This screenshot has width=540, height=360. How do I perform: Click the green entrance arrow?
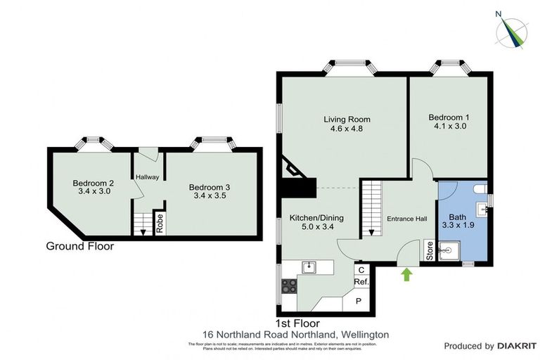[406, 274]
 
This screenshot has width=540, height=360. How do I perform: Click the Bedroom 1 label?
[449, 122]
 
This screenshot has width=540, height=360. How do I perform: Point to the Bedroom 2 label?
[93, 187]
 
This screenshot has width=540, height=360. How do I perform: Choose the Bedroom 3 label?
[209, 191]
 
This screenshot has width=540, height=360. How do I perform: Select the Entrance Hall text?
[407, 219]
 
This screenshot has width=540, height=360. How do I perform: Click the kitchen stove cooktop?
[289, 285]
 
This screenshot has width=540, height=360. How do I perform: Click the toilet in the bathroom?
[480, 188]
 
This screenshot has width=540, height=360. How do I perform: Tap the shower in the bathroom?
[449, 250]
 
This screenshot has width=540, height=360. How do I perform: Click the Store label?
[430, 250]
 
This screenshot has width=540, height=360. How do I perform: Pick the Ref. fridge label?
[361, 282]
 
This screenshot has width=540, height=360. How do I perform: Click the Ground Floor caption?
[79, 246]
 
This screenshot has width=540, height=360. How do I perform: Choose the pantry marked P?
[359, 300]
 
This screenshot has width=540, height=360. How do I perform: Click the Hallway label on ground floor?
[148, 177]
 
